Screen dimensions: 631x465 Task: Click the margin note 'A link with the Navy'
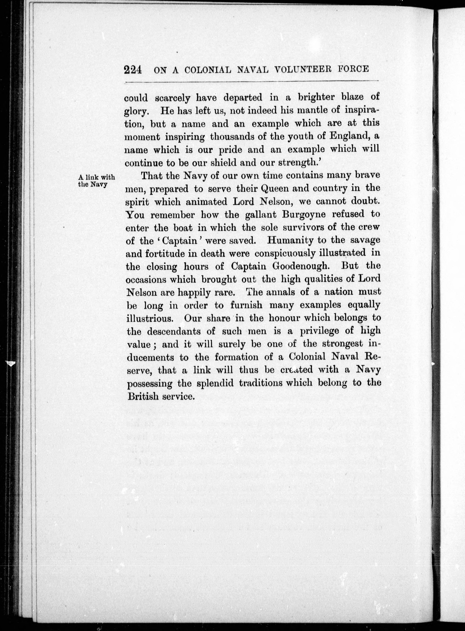coord(96,180)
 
